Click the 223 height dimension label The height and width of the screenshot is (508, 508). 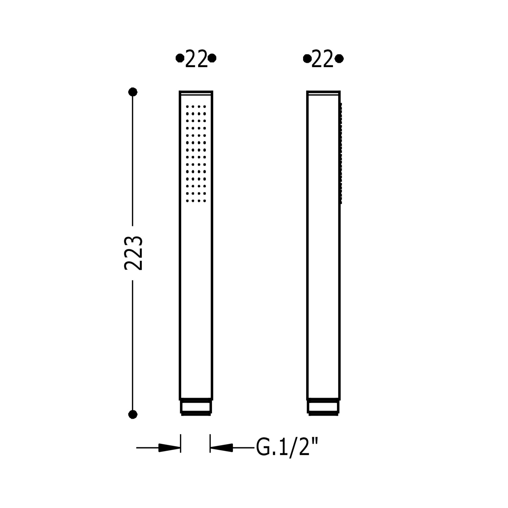[x=133, y=253]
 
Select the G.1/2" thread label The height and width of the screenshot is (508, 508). [x=288, y=448]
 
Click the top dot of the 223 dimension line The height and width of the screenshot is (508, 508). [x=133, y=92]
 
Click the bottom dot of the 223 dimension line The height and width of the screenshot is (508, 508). [x=133, y=414]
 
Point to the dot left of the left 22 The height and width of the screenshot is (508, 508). [x=180, y=58]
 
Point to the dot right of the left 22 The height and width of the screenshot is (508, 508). [x=212, y=58]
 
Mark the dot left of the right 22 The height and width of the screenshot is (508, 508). [x=307, y=59]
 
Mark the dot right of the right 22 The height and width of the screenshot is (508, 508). [x=339, y=59]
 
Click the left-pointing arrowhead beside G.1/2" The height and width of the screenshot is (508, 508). [x=221, y=448]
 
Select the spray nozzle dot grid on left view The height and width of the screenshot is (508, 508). [x=196, y=153]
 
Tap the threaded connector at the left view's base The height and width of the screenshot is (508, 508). [x=196, y=407]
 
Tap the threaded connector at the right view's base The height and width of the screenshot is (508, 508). [x=323, y=407]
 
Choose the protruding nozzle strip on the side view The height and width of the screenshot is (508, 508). [x=341, y=153]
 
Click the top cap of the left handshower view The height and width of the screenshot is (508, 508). [x=196, y=93]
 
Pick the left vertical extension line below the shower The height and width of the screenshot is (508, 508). [x=181, y=443]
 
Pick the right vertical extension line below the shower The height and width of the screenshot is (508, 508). [x=210, y=443]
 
